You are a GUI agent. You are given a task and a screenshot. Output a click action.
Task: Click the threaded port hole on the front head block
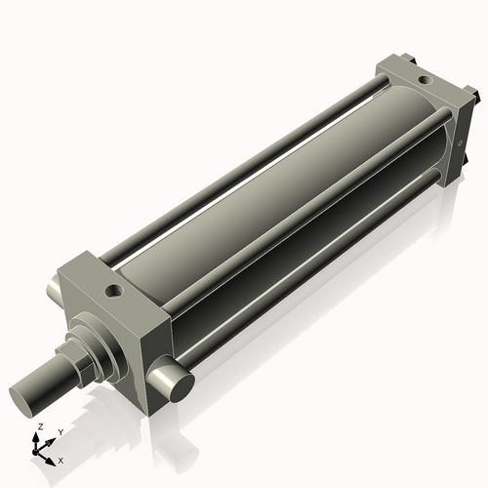click(115, 290)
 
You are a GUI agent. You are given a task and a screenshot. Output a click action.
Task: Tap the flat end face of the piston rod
click(28, 397)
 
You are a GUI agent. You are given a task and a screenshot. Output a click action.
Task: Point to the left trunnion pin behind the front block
click(53, 289)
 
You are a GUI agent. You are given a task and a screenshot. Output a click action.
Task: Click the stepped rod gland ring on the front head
click(99, 336)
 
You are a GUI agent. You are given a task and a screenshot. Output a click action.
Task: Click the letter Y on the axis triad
click(60, 431)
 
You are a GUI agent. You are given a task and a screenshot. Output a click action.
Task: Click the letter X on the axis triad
click(61, 459)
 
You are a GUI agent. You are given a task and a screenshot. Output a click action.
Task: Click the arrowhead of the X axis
click(52, 457)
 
